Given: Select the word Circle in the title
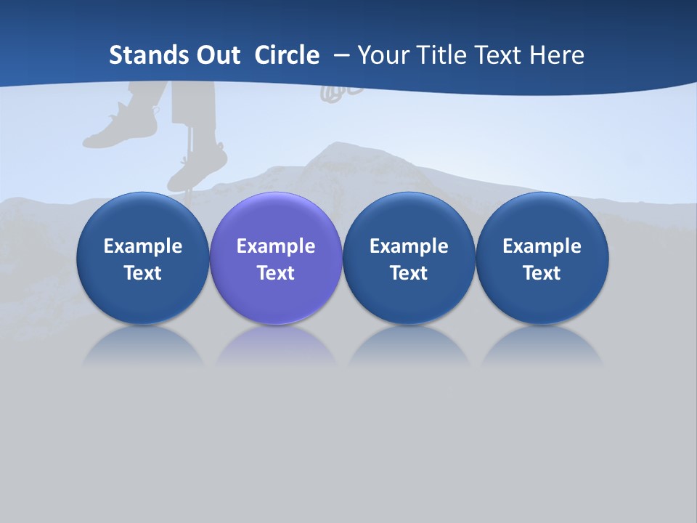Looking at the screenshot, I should pyautogui.click(x=287, y=55).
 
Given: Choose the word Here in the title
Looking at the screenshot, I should pyautogui.click(x=555, y=55).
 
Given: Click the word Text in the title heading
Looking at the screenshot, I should pyautogui.click(x=499, y=55).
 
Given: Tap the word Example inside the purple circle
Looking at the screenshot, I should pyautogui.click(x=276, y=246).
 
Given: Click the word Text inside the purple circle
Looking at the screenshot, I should pyautogui.click(x=276, y=273).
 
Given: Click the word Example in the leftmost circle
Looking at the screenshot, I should pyautogui.click(x=143, y=246).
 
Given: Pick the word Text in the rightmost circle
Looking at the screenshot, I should pyautogui.click(x=542, y=273).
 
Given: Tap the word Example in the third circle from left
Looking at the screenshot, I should pyautogui.click(x=409, y=246).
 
